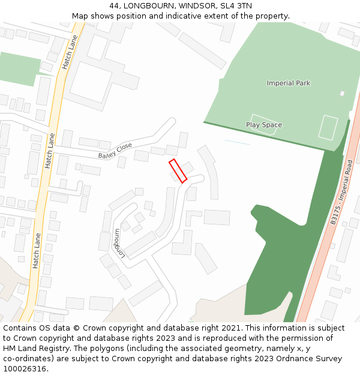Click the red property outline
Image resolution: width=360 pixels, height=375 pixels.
tap(178, 170)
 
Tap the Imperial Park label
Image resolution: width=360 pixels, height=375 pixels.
tap(289, 83)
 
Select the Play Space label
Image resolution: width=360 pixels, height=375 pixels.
tap(264, 125)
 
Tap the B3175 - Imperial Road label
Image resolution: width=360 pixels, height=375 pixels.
tap(341, 192)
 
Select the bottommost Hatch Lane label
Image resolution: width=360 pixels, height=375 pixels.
tap(37, 250)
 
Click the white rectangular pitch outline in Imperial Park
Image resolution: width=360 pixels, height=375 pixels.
tap(328, 127)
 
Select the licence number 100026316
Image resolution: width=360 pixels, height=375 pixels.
tap(25, 369)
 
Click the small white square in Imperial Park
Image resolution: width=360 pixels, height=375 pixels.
tap(342, 94)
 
